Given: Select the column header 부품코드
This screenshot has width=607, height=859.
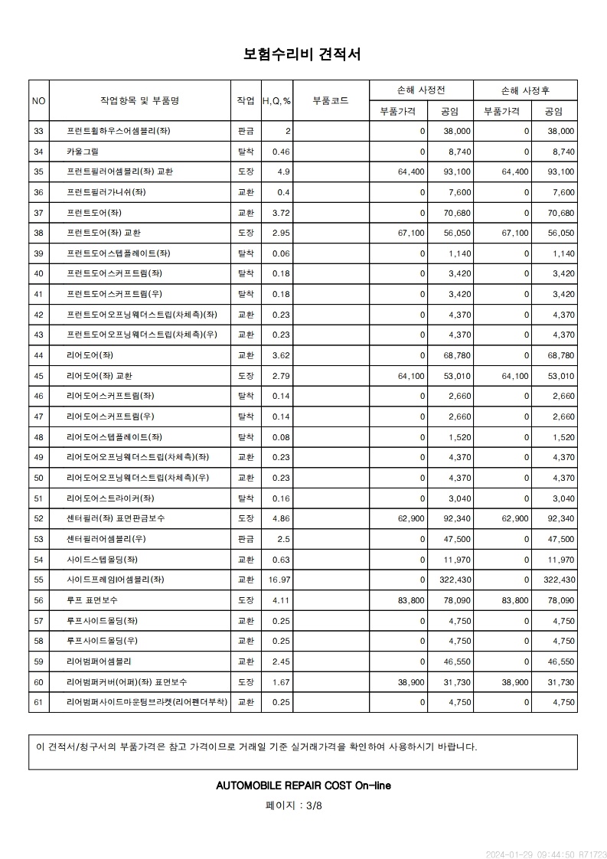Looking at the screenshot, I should pyautogui.click(x=331, y=100).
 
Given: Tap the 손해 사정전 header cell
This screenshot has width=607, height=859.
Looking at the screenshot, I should pyautogui.click(x=421, y=90).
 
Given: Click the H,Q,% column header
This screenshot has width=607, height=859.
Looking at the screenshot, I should pyautogui.click(x=276, y=100).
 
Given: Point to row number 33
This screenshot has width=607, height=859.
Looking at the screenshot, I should pyautogui.click(x=39, y=131).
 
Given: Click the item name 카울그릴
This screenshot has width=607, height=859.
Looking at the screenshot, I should pyautogui.click(x=83, y=152).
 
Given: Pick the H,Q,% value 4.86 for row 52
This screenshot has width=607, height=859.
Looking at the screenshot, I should pyautogui.click(x=281, y=518).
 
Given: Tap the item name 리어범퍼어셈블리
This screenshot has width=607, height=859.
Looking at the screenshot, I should pyautogui.click(x=99, y=661).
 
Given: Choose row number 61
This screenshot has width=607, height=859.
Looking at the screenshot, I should pyautogui.click(x=39, y=701).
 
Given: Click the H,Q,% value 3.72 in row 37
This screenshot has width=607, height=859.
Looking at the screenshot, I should pyautogui.click(x=281, y=212).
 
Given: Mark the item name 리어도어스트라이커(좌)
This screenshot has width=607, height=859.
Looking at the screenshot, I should pyautogui.click(x=110, y=498).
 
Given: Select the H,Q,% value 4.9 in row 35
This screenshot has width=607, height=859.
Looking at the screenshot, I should pyautogui.click(x=283, y=171).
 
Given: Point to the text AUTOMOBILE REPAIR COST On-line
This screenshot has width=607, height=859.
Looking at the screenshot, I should pyautogui.click(x=304, y=785).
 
